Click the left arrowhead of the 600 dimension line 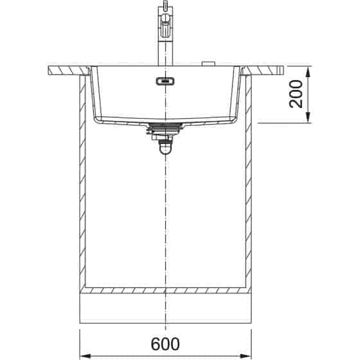click(x=83, y=355)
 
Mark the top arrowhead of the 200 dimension click(x=310, y=70)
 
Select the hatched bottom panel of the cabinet click(x=166, y=290)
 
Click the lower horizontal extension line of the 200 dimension click(x=283, y=122)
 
